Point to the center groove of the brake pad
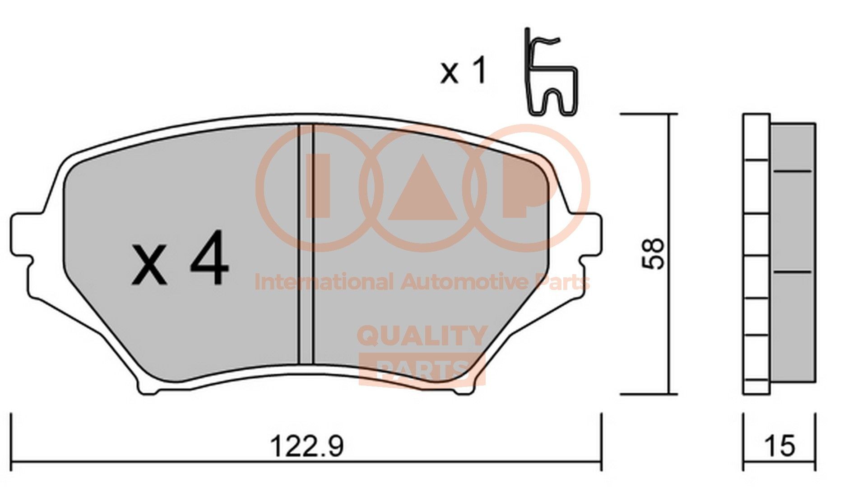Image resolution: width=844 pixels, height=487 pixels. (x=306, y=243)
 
